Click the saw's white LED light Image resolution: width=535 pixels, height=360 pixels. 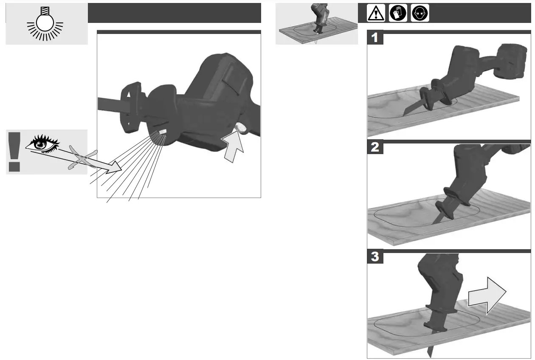click(163, 132)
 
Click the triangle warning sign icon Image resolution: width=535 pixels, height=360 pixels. click(376, 14)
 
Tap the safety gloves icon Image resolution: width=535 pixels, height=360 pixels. click(398, 14)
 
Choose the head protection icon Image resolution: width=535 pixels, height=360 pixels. click(420, 14)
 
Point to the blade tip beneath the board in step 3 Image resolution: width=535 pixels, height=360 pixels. click(430, 350)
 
